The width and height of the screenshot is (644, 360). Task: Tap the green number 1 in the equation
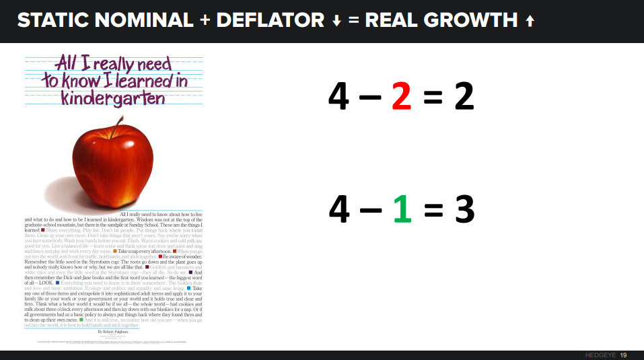pyautogui.click(x=402, y=210)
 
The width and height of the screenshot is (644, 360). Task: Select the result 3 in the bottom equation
pyautogui.click(x=464, y=210)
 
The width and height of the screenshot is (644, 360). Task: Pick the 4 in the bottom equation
pyautogui.click(x=340, y=210)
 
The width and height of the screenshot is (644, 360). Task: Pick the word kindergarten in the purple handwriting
pyautogui.click(x=113, y=98)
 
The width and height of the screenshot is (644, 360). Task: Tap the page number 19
pyautogui.click(x=623, y=355)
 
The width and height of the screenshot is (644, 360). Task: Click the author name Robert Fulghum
pyautogui.click(x=112, y=332)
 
